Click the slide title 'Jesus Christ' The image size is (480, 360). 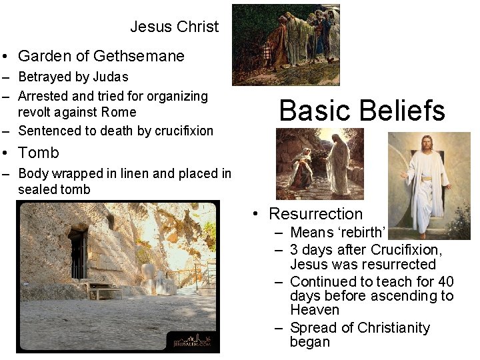point(174,27)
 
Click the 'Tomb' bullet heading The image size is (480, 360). point(38,153)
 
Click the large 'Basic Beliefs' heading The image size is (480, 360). point(362,111)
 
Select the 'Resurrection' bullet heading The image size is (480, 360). point(315,214)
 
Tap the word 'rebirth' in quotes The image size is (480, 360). point(362,233)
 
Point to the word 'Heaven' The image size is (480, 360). point(315,310)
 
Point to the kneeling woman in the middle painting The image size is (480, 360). point(302,170)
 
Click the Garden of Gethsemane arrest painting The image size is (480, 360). point(285,45)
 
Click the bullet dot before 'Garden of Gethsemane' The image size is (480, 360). point(5,57)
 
